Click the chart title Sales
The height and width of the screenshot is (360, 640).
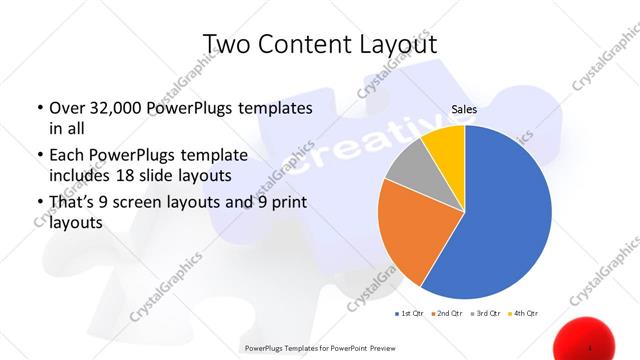pos(464,111)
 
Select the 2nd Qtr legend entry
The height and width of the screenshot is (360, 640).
pos(448,314)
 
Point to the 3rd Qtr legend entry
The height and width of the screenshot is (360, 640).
pos(487,314)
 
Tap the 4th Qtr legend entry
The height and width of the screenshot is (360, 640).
pos(525,314)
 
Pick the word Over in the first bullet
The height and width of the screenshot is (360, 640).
pos(66,107)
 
